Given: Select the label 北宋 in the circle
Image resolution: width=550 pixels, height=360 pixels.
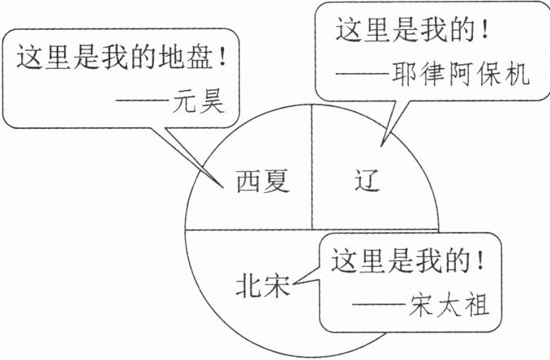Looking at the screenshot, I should (262, 287).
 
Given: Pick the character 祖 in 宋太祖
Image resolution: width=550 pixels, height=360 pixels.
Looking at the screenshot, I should (486, 307).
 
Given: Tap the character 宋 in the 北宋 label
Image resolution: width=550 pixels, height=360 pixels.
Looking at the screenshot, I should (276, 287).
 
